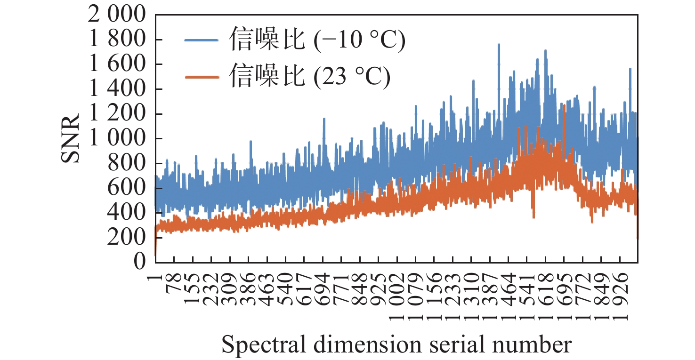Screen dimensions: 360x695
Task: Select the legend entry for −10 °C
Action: tap(317, 41)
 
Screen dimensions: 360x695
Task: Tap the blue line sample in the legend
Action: tap(202, 41)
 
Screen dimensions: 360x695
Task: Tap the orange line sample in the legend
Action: tap(202, 77)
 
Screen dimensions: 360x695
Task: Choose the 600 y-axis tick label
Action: tap(127, 188)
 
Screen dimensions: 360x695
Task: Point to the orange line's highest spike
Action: tap(564, 105)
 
